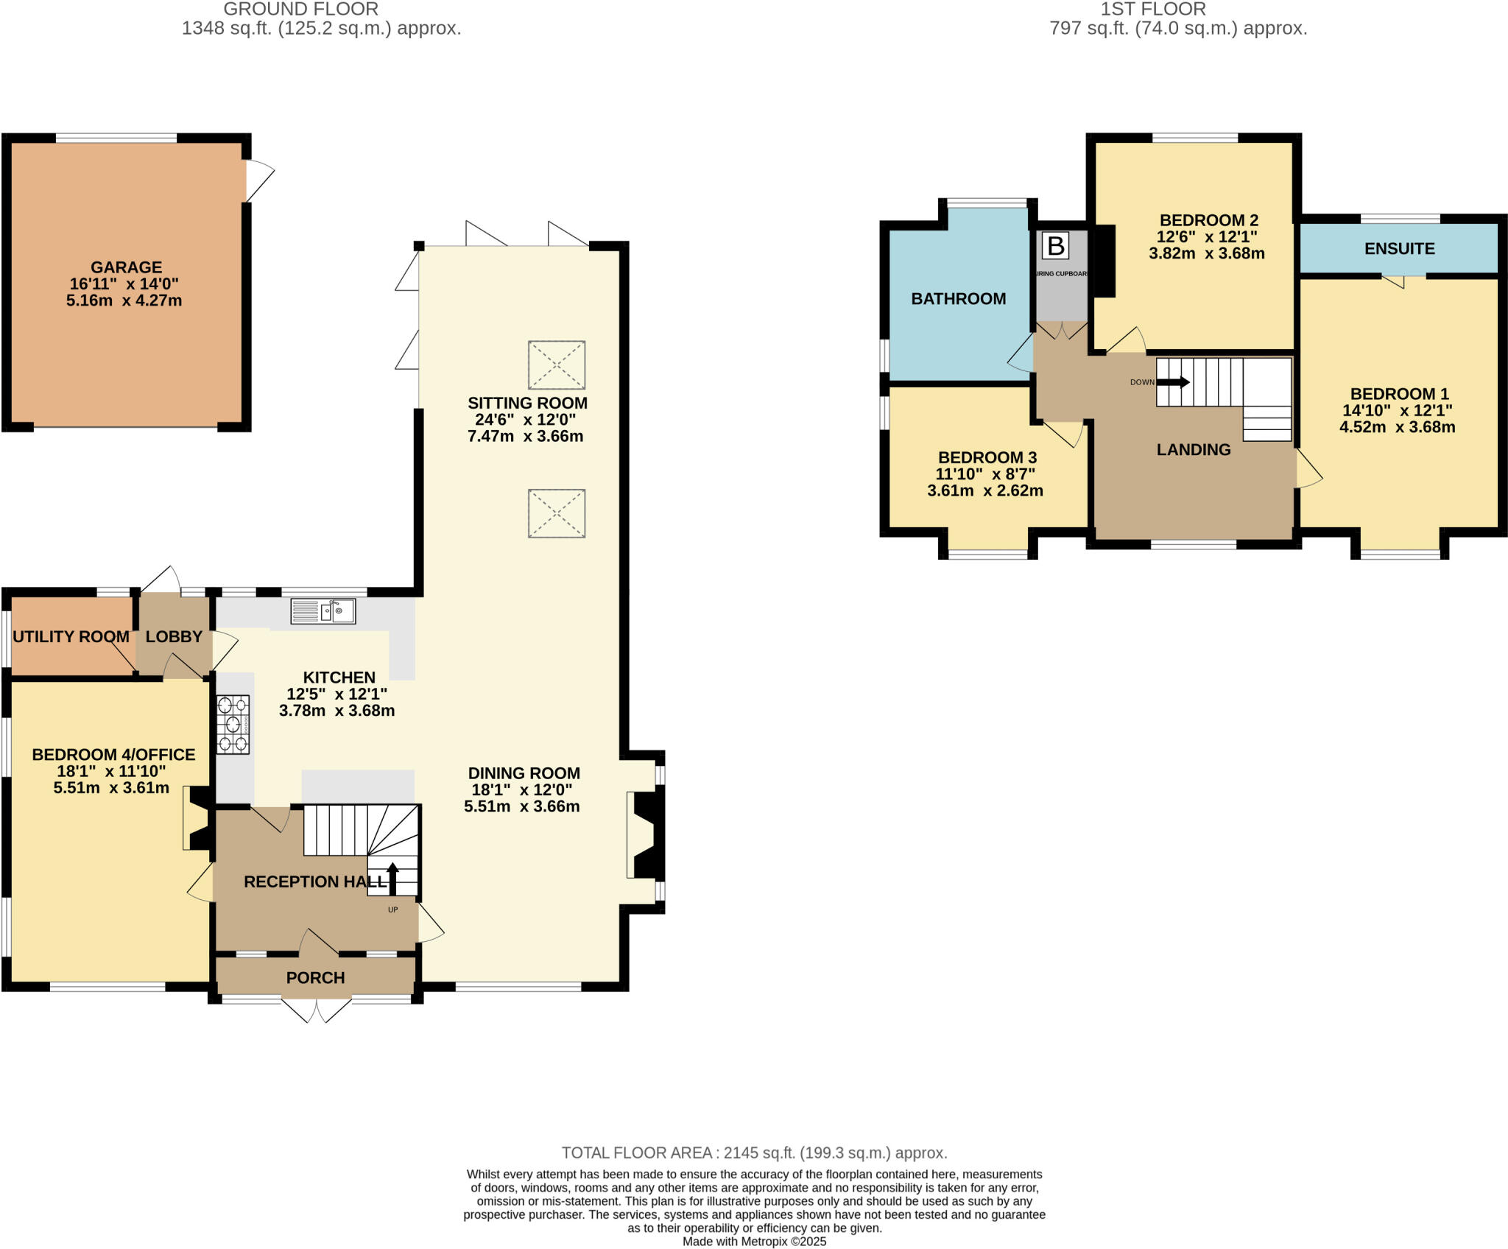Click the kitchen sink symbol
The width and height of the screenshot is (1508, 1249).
[323, 611]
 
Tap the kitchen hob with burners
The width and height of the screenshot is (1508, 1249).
[233, 724]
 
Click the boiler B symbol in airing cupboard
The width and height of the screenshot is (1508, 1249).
[1055, 246]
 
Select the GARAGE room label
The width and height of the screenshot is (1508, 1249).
[126, 267]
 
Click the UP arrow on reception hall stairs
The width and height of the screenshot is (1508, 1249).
[392, 878]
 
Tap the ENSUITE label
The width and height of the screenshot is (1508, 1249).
[1399, 249]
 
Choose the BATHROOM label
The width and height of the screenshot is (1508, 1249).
[958, 299]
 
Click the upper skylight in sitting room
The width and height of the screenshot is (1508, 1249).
[557, 365]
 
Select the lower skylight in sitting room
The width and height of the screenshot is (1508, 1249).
[557, 513]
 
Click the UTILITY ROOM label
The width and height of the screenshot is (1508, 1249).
[71, 637]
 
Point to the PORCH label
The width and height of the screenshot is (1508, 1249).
[315, 978]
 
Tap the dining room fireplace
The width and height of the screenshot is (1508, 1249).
[646, 834]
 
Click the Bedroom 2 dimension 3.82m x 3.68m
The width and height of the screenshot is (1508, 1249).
[1206, 254]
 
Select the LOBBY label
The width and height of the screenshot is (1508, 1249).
[174, 637]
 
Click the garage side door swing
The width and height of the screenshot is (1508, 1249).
[258, 180]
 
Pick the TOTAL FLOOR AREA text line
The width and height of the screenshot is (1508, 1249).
[754, 1153]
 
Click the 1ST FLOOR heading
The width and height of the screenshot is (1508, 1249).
[1153, 10]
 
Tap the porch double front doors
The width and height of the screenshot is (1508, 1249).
[317, 1010]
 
